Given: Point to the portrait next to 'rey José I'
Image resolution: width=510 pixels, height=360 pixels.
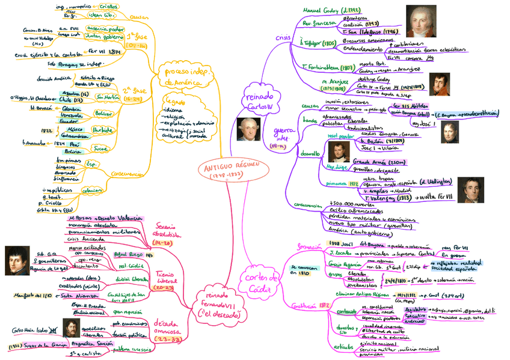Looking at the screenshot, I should [450, 132].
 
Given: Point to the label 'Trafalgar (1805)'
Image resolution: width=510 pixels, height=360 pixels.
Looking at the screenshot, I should [319, 43].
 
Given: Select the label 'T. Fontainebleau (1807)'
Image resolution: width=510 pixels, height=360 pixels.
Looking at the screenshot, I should [328, 67].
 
